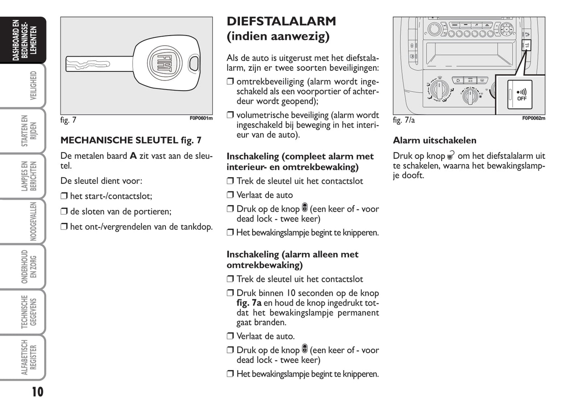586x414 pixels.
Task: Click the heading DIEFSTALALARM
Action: click(x=281, y=21)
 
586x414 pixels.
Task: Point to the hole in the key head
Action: click(x=194, y=64)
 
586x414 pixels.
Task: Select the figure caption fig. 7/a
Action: click(x=404, y=120)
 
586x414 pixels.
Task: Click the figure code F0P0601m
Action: click(x=201, y=118)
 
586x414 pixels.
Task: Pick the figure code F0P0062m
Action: click(x=533, y=118)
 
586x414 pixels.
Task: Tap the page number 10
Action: click(x=37, y=392)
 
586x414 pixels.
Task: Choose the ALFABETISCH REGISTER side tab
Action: click(x=29, y=357)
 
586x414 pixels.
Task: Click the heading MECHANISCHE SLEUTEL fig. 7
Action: click(x=131, y=141)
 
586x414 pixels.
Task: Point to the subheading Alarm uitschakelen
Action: click(x=434, y=141)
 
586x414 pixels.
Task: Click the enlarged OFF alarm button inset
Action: click(x=519, y=94)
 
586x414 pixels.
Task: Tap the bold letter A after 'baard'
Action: click(x=133, y=156)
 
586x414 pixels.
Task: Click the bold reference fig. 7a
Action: click(x=249, y=303)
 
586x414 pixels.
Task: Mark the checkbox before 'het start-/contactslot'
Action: click(x=64, y=196)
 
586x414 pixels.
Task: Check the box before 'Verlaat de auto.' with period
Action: click(x=230, y=336)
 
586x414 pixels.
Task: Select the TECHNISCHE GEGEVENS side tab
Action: click(x=29, y=312)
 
